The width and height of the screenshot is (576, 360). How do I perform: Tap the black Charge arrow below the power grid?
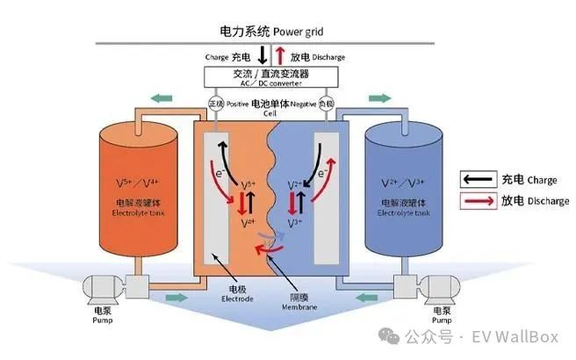click(x=263, y=54)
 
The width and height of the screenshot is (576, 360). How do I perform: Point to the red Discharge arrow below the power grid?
click(x=279, y=54)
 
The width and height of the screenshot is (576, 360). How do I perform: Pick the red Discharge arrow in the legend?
click(x=479, y=201)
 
